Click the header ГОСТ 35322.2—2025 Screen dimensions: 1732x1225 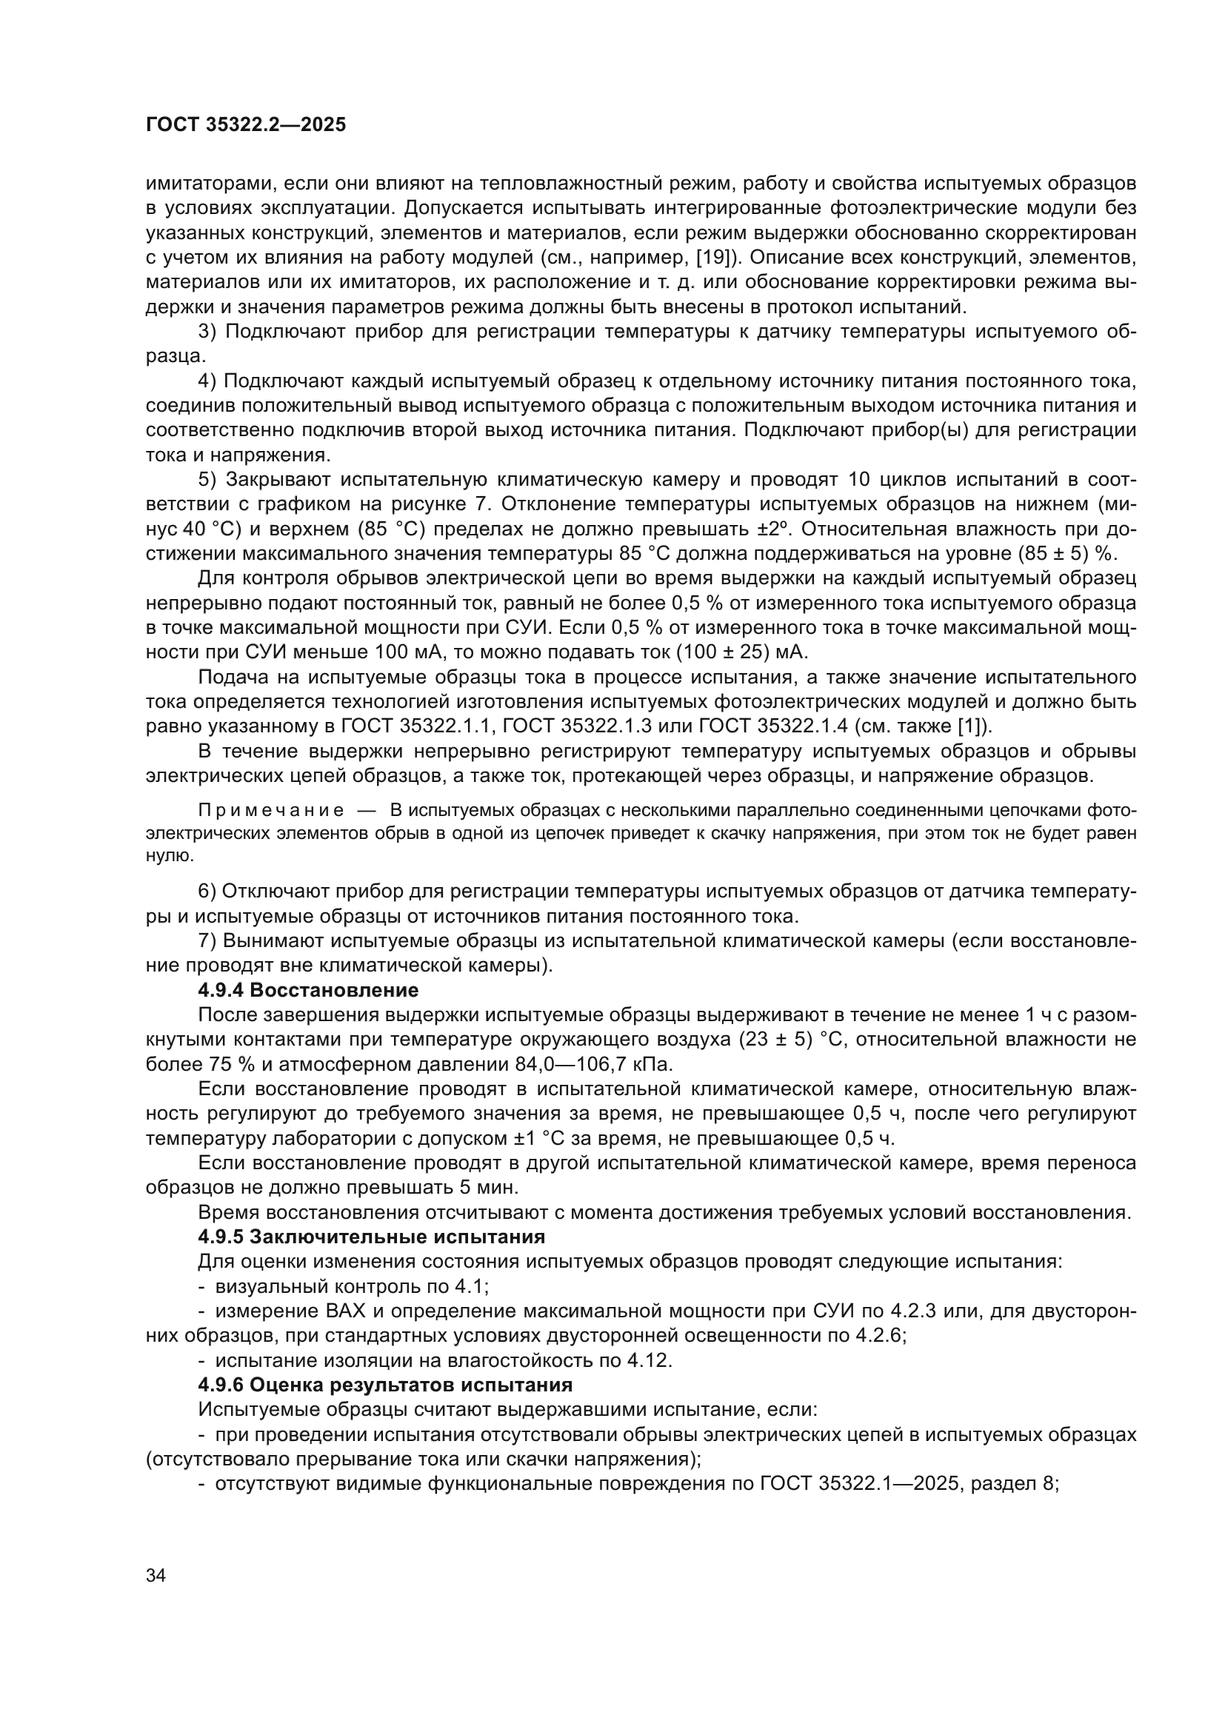(246, 125)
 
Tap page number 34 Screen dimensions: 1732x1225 (156, 1576)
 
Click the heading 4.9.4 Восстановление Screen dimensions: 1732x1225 (308, 990)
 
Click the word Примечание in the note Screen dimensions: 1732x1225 (271, 811)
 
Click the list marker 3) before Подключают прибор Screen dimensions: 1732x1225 (207, 331)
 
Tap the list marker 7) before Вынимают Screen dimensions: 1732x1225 (207, 941)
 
